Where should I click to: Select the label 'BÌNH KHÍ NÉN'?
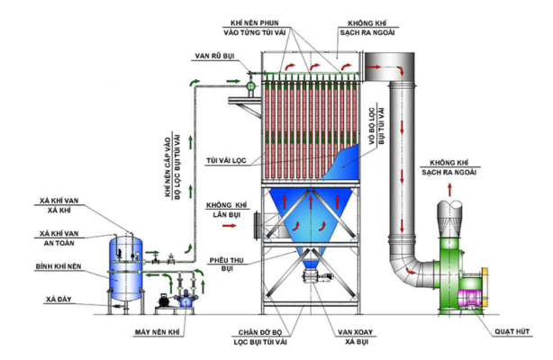[x=63, y=267]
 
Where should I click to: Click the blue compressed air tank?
[x=127, y=268]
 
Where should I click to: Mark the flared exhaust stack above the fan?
[x=451, y=211]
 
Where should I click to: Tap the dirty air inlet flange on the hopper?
[x=258, y=220]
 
